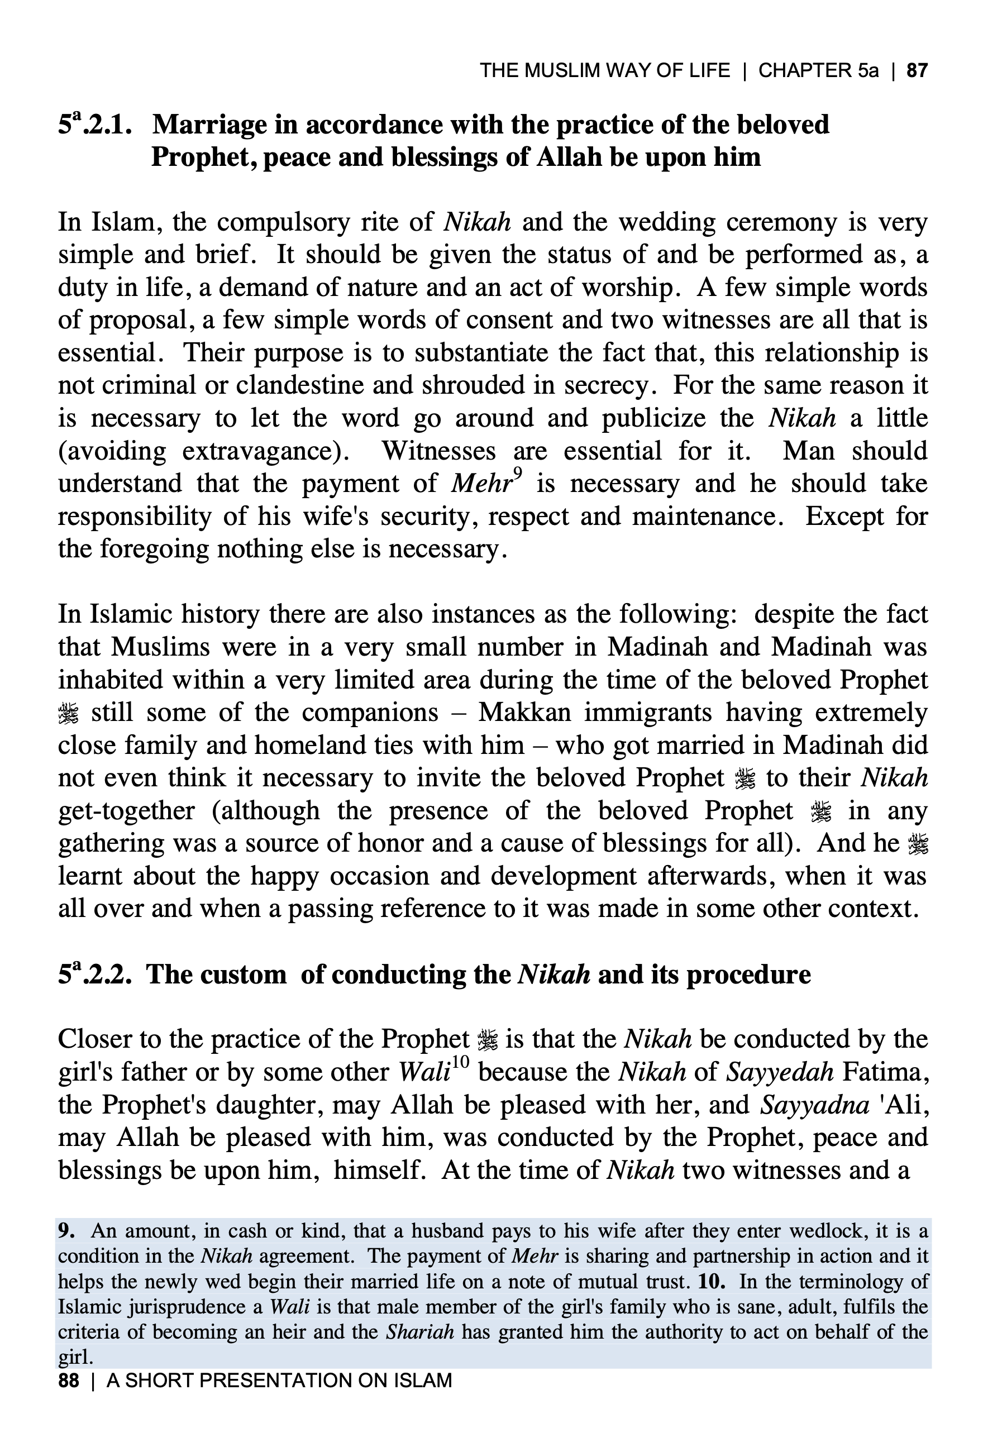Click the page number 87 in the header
pyautogui.click(x=917, y=70)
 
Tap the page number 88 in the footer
pyautogui.click(x=69, y=1380)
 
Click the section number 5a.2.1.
pyautogui.click(x=95, y=125)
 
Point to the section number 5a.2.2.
pyautogui.click(x=95, y=974)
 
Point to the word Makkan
pyautogui.click(x=524, y=713)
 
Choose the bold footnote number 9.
pyautogui.click(x=66, y=1231)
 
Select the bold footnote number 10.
pyautogui.click(x=712, y=1282)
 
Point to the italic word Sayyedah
pyautogui.click(x=780, y=1072)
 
